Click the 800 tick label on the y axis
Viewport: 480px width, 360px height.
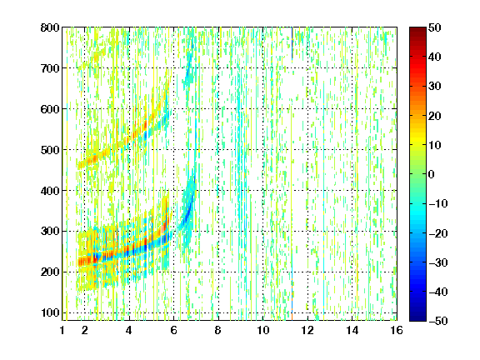(50, 27)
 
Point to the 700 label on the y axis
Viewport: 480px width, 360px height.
(50, 68)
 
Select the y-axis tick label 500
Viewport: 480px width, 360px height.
(50, 150)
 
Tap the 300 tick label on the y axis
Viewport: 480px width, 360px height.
(50, 232)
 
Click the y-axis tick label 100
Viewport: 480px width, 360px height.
(50, 312)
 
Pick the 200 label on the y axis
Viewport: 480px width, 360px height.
(50, 272)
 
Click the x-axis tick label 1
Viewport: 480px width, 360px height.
(62, 330)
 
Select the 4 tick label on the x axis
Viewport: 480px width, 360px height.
(129, 330)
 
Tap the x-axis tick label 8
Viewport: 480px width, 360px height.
(217, 330)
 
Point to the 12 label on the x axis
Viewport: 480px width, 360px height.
(307, 330)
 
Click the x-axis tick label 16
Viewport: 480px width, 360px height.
(397, 330)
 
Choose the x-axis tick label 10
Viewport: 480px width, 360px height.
(262, 330)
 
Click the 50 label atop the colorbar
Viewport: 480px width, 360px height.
(435, 27)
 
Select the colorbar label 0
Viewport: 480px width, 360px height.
(432, 174)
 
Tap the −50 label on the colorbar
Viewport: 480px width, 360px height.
(438, 321)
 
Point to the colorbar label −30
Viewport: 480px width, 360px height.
(438, 262)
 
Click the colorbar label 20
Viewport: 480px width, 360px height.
(435, 116)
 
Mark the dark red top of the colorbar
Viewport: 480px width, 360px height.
(417, 31)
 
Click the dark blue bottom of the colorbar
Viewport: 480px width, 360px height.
(417, 317)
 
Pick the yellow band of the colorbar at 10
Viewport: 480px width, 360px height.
(417, 144)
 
